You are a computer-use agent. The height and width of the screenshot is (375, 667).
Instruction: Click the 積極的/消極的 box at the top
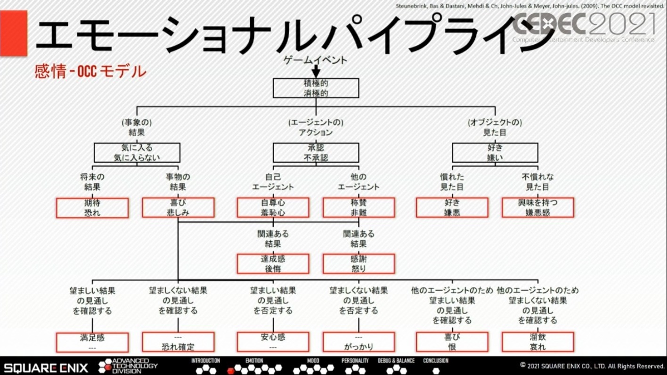(316, 88)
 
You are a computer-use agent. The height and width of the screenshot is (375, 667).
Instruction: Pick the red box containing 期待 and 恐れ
(92, 208)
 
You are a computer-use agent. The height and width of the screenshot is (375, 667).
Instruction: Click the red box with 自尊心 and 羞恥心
(273, 208)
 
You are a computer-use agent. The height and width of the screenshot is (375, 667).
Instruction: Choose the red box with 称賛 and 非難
(358, 208)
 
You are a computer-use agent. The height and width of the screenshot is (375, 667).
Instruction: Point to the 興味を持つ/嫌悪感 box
(538, 208)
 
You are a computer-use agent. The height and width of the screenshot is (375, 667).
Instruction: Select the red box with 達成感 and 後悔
(273, 264)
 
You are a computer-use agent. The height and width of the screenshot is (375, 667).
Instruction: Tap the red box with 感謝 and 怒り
(358, 264)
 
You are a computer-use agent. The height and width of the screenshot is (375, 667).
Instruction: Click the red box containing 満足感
(92, 342)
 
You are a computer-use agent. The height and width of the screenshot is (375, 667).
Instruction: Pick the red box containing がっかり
(358, 342)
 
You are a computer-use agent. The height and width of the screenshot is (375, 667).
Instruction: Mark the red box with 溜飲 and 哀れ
(538, 342)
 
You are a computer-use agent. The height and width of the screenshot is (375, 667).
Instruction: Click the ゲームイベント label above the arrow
(316, 60)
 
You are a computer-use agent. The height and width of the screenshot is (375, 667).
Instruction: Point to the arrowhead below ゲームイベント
(316, 73)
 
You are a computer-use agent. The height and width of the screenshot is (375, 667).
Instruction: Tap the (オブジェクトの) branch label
(495, 122)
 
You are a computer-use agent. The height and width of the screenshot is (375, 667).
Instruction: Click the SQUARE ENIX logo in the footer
(46, 366)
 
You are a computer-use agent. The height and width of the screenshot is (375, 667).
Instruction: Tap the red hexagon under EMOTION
(231, 370)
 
